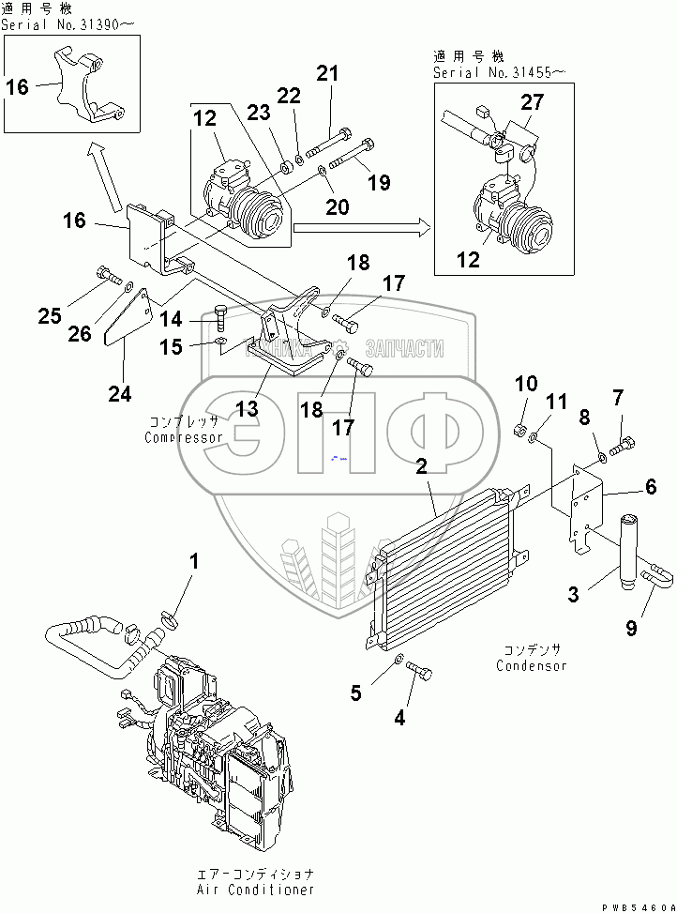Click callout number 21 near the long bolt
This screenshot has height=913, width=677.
[x=325, y=73]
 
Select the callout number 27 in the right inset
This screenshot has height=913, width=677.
[x=532, y=104]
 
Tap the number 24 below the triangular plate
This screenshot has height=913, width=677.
[x=119, y=394]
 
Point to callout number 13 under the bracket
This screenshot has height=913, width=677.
[x=247, y=408]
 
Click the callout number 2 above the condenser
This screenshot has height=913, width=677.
[x=422, y=466]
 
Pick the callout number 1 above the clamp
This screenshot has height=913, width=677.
[x=194, y=562]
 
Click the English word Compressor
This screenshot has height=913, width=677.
[x=183, y=437]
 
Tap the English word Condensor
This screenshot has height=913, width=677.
[x=534, y=666]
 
